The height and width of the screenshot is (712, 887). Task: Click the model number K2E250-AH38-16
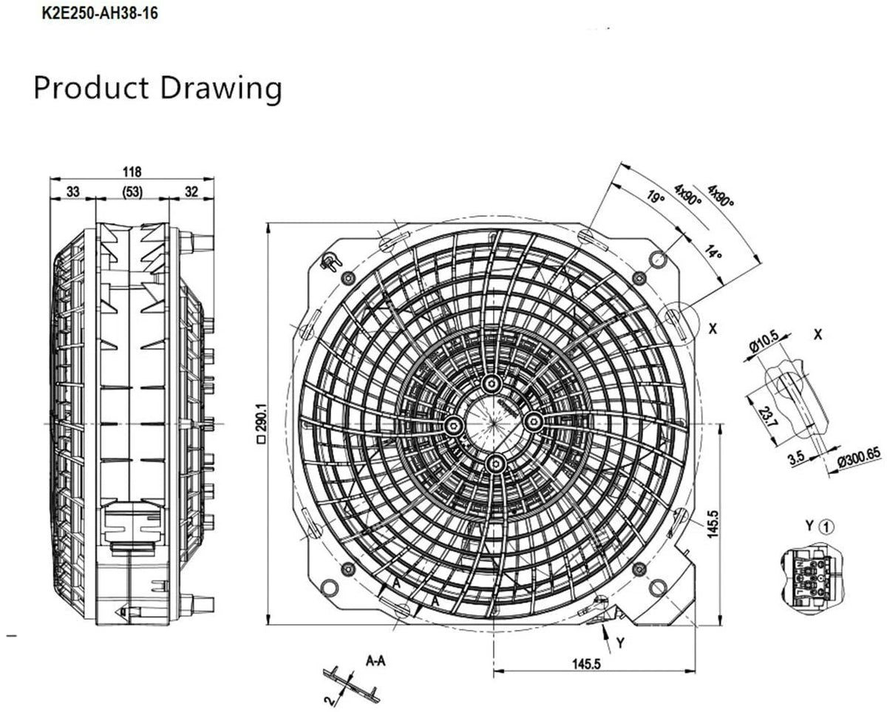(x=100, y=13)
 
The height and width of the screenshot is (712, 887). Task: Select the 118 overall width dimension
(x=132, y=172)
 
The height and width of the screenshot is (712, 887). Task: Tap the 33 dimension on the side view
(x=73, y=191)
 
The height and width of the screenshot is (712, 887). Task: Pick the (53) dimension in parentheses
(x=133, y=192)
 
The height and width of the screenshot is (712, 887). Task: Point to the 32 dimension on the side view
(x=191, y=191)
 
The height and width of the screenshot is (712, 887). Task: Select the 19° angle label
(x=656, y=196)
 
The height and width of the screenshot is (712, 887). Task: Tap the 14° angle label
(x=713, y=252)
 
